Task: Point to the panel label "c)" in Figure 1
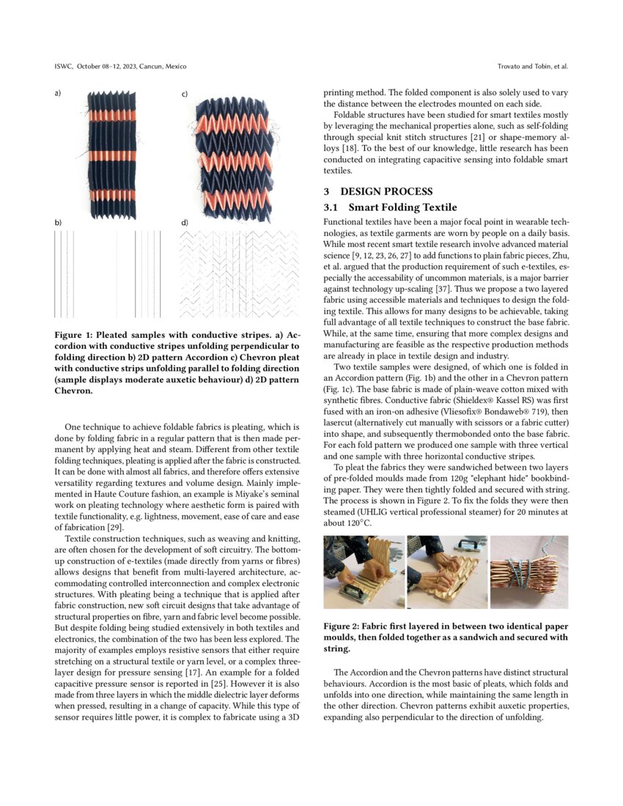(x=185, y=95)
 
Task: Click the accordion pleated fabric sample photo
(x=112, y=151)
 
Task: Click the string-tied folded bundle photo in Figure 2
(x=528, y=572)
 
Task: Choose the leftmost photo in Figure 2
(x=364, y=572)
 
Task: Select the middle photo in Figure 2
(x=446, y=572)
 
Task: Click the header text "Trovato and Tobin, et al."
(x=532, y=67)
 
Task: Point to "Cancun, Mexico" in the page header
(x=163, y=67)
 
